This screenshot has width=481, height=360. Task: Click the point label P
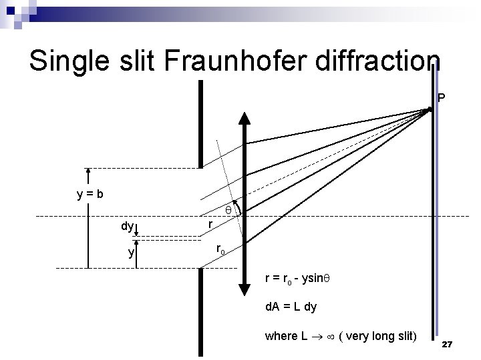pyautogui.click(x=441, y=99)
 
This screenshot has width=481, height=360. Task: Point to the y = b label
pyautogui.click(x=90, y=195)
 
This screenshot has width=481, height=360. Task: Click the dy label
pyautogui.click(x=127, y=226)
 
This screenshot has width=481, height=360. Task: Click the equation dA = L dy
pyautogui.click(x=291, y=307)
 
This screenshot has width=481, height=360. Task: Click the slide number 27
pyautogui.click(x=448, y=344)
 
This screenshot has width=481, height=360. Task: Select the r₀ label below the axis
pyautogui.click(x=220, y=250)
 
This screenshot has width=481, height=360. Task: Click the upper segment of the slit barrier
pyautogui.click(x=200, y=123)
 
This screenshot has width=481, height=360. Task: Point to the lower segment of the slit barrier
pyautogui.click(x=200, y=313)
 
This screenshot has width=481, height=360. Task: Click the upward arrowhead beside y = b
pyautogui.click(x=89, y=173)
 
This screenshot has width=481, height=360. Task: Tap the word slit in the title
pyautogui.click(x=141, y=61)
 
